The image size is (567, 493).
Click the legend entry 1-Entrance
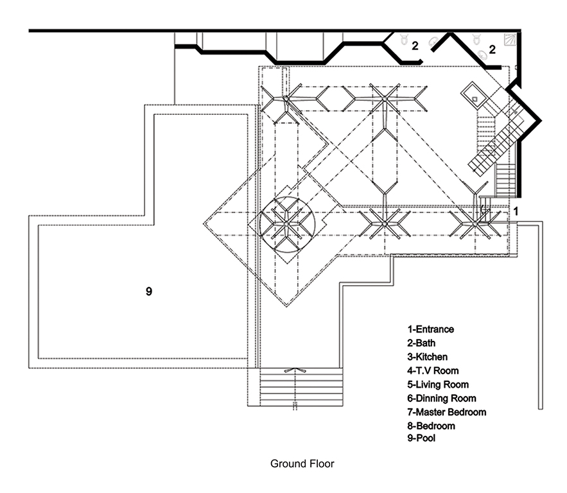tap(430, 329)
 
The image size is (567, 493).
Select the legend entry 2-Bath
tap(421, 343)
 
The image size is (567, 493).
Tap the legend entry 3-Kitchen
tap(426, 356)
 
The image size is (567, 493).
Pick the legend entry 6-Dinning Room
tap(439, 398)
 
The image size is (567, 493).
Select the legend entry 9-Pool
tap(421, 438)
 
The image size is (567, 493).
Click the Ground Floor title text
tap(302, 463)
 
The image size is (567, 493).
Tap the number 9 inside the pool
tap(148, 291)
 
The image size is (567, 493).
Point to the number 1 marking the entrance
tap(515, 210)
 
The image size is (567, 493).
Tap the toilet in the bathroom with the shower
tap(478, 39)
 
